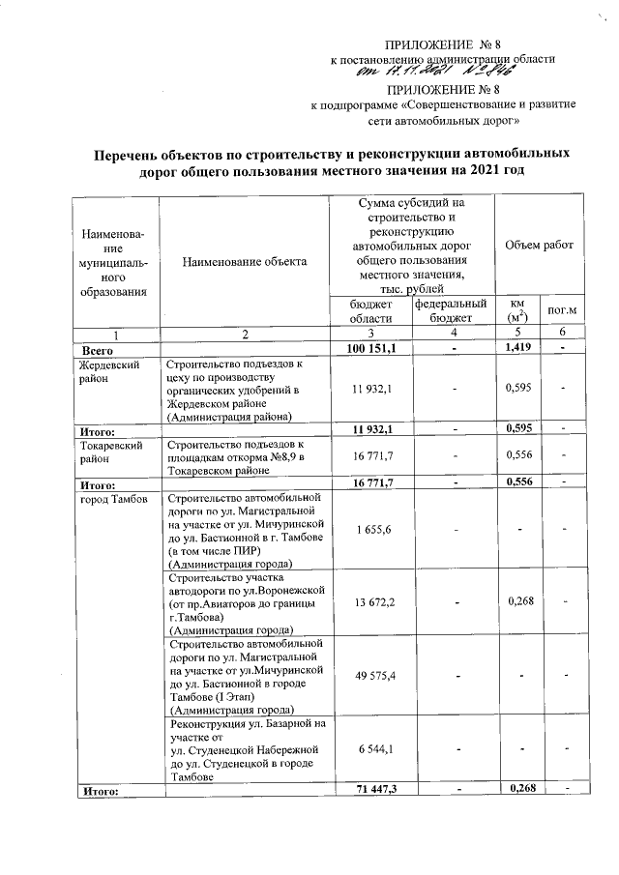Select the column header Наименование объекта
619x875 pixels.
[x=243, y=261]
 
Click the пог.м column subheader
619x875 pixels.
[x=563, y=309]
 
